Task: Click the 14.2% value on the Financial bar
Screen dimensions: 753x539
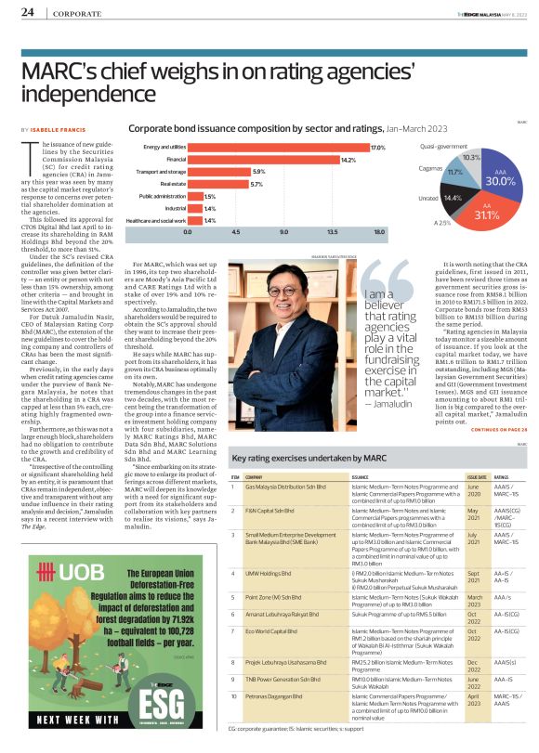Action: pyautogui.click(x=348, y=160)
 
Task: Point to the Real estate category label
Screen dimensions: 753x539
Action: pyautogui.click(x=172, y=184)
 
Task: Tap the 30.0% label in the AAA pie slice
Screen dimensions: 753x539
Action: pyautogui.click(x=501, y=181)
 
